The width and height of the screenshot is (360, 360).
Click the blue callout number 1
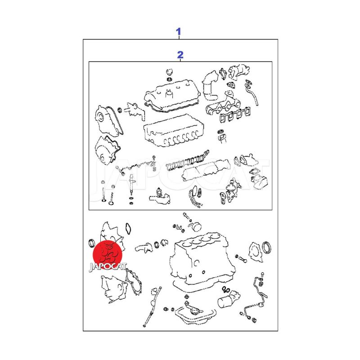(x=179, y=31)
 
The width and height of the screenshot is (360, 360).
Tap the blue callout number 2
(x=180, y=55)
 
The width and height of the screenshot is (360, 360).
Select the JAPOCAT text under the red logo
(x=108, y=267)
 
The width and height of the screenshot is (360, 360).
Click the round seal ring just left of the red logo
(x=91, y=243)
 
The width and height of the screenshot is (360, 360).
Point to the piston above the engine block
(x=196, y=228)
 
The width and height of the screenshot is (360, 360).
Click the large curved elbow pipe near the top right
(x=210, y=85)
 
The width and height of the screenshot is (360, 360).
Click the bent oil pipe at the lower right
(x=257, y=298)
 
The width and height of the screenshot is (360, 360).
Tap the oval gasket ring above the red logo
(x=129, y=229)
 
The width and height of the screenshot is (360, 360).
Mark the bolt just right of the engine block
(x=241, y=259)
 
